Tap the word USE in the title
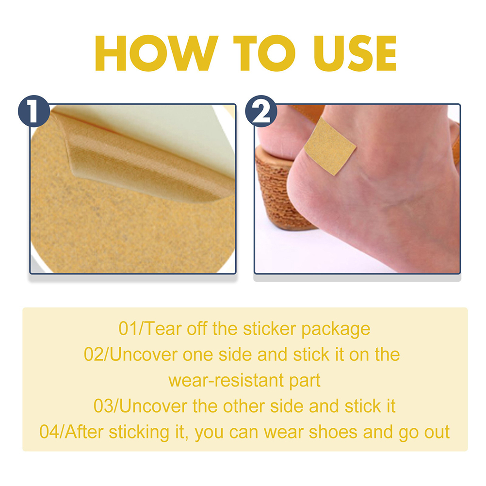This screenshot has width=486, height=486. (x=355, y=53)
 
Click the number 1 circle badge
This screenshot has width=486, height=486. (x=34, y=111)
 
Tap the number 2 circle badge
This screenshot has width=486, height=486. (x=261, y=111)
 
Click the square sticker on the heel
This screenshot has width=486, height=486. (x=330, y=146)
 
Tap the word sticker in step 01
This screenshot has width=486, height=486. (x=269, y=329)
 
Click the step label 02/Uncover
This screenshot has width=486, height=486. (x=130, y=355)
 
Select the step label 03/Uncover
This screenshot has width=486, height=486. (x=140, y=406)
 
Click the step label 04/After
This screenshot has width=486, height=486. (x=71, y=432)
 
